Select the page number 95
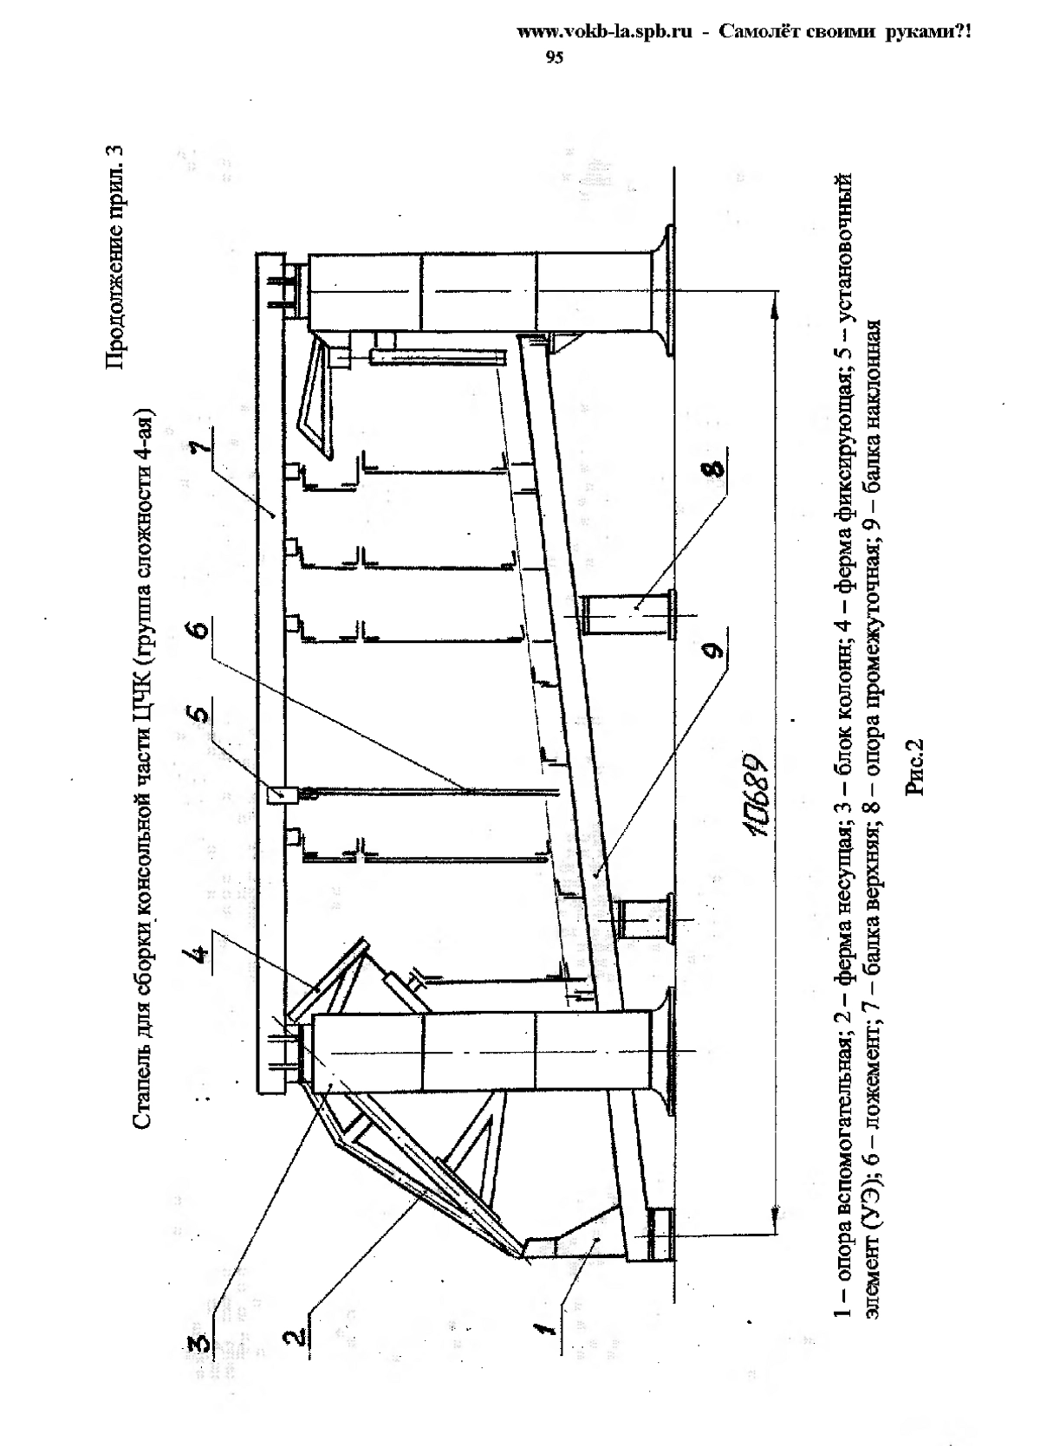554,57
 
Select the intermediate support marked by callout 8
629,611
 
